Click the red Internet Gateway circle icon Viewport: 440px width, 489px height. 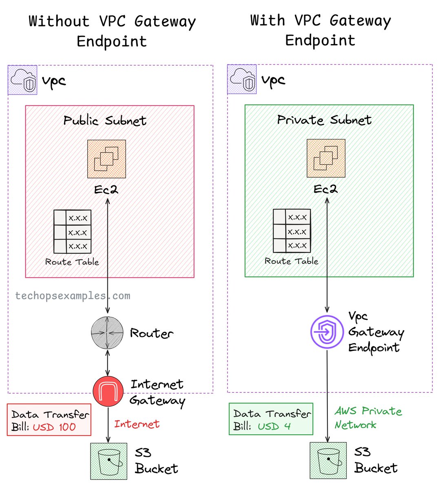tap(108, 392)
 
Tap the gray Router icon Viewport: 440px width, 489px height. tap(107, 333)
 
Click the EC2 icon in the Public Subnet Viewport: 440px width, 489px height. tap(106, 159)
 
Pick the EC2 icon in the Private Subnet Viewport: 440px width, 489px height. tap(326, 159)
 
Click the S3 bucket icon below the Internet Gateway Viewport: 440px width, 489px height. tap(108, 461)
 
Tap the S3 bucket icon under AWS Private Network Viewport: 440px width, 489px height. tap(328, 460)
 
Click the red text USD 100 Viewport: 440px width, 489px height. tap(54, 427)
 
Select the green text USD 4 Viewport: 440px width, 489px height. tap(274, 427)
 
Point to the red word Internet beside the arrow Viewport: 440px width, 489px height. tap(137, 424)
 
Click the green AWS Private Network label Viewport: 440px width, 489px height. tap(368, 418)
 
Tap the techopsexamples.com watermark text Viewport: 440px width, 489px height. tap(73, 296)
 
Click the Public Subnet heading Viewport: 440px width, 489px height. tap(105, 121)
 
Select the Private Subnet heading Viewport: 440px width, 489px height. tap(324, 120)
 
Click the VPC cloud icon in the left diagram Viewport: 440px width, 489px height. tap(22, 80)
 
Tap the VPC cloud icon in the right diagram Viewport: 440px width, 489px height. tap(242, 79)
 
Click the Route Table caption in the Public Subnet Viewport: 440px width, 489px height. tap(72, 262)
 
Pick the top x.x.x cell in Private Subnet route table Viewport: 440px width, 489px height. tap(297, 217)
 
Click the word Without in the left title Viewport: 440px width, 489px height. tap(59, 21)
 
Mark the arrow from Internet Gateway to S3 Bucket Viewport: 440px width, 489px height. tap(108, 424)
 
